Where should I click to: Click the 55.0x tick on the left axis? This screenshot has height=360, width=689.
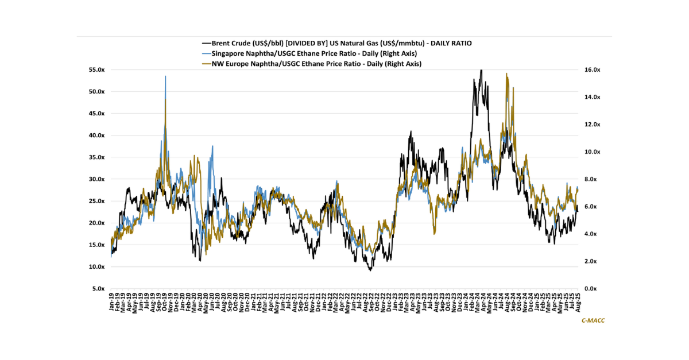(x=96, y=70)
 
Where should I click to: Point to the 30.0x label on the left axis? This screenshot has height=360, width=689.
(x=96, y=179)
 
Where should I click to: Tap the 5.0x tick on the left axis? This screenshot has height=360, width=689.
(x=98, y=289)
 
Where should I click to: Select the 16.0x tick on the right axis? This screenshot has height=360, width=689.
(x=592, y=70)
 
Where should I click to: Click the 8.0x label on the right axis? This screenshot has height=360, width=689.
(x=590, y=179)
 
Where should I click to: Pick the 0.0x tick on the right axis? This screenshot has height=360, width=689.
(x=590, y=289)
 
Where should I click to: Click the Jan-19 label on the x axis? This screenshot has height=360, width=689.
(x=111, y=301)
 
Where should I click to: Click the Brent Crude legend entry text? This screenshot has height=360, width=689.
(x=342, y=43)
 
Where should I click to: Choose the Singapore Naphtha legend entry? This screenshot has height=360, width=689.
(x=314, y=53)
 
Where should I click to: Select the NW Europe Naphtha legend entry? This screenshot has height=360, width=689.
(x=316, y=64)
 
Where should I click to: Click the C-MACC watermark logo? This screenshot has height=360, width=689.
(x=593, y=320)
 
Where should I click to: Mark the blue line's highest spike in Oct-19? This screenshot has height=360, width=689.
(x=165, y=76)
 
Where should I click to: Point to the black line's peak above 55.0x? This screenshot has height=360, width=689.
(x=481, y=70)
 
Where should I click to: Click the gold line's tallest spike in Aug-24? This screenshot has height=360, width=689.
(x=506, y=73)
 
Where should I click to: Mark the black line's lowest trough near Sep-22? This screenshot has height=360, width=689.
(x=370, y=270)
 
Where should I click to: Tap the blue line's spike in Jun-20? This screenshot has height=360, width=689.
(x=212, y=146)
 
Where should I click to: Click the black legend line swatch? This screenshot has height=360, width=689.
(x=206, y=44)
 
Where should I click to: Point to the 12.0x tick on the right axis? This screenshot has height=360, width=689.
(x=592, y=125)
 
